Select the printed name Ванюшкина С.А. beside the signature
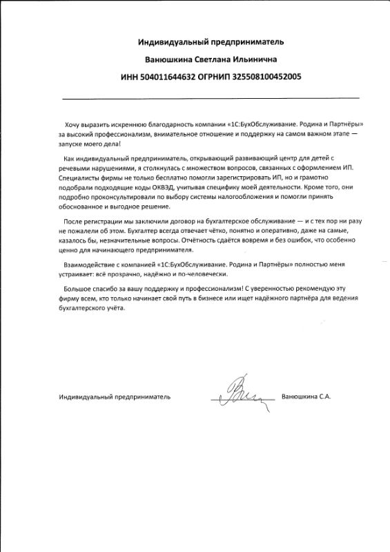tap(307, 397)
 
